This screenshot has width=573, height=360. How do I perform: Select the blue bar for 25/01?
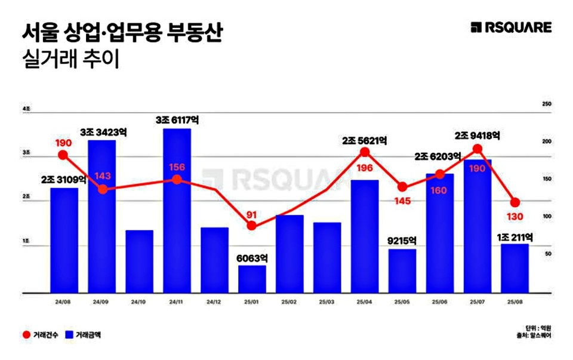pos(252,279)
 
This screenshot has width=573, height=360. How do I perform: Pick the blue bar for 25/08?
pos(515,268)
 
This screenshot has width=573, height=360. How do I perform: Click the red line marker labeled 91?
pos(252,226)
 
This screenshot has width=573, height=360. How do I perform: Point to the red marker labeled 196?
pos(365,152)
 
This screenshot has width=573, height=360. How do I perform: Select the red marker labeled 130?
pos(515,202)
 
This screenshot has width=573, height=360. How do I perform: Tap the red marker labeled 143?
pos(102,189)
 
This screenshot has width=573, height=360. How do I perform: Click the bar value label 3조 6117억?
pos(177,120)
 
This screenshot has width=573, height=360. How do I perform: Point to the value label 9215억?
pos(402,241)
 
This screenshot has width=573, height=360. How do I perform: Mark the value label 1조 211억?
pos(515,236)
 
